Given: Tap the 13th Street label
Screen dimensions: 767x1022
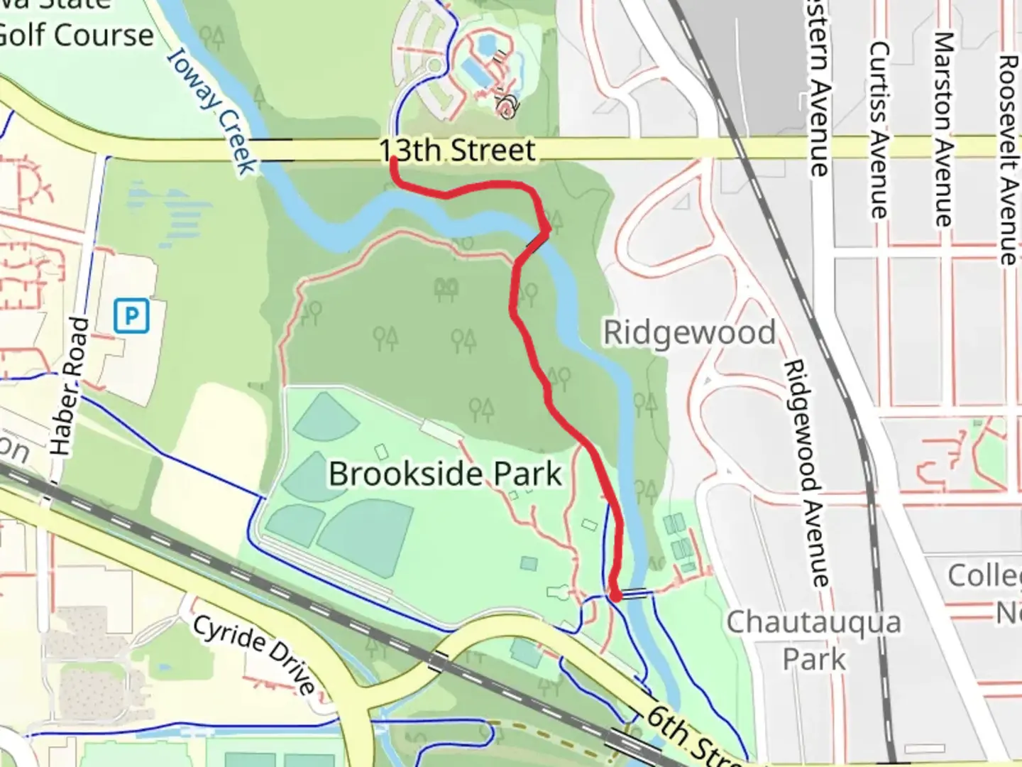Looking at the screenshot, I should (x=457, y=151).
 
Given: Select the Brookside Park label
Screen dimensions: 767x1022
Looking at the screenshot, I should (x=445, y=474).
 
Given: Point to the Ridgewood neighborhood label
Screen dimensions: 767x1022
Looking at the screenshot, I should (x=689, y=332).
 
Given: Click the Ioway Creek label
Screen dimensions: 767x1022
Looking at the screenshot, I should (x=211, y=114).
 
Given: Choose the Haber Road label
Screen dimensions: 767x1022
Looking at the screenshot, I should (x=72, y=386).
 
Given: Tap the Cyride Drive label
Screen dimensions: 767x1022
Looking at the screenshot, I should (x=253, y=654).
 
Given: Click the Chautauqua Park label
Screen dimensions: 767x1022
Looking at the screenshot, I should (x=813, y=640).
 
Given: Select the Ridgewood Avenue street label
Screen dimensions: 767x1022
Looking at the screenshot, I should (x=806, y=473).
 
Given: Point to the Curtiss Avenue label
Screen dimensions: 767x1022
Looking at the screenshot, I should (x=879, y=129).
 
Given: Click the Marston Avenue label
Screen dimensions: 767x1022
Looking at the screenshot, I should (x=943, y=129).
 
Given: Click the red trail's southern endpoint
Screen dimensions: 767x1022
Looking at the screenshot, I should (x=615, y=597).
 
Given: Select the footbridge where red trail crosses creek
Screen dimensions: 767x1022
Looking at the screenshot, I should (x=537, y=243).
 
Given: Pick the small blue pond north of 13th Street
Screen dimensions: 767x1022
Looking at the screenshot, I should (x=487, y=46).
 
